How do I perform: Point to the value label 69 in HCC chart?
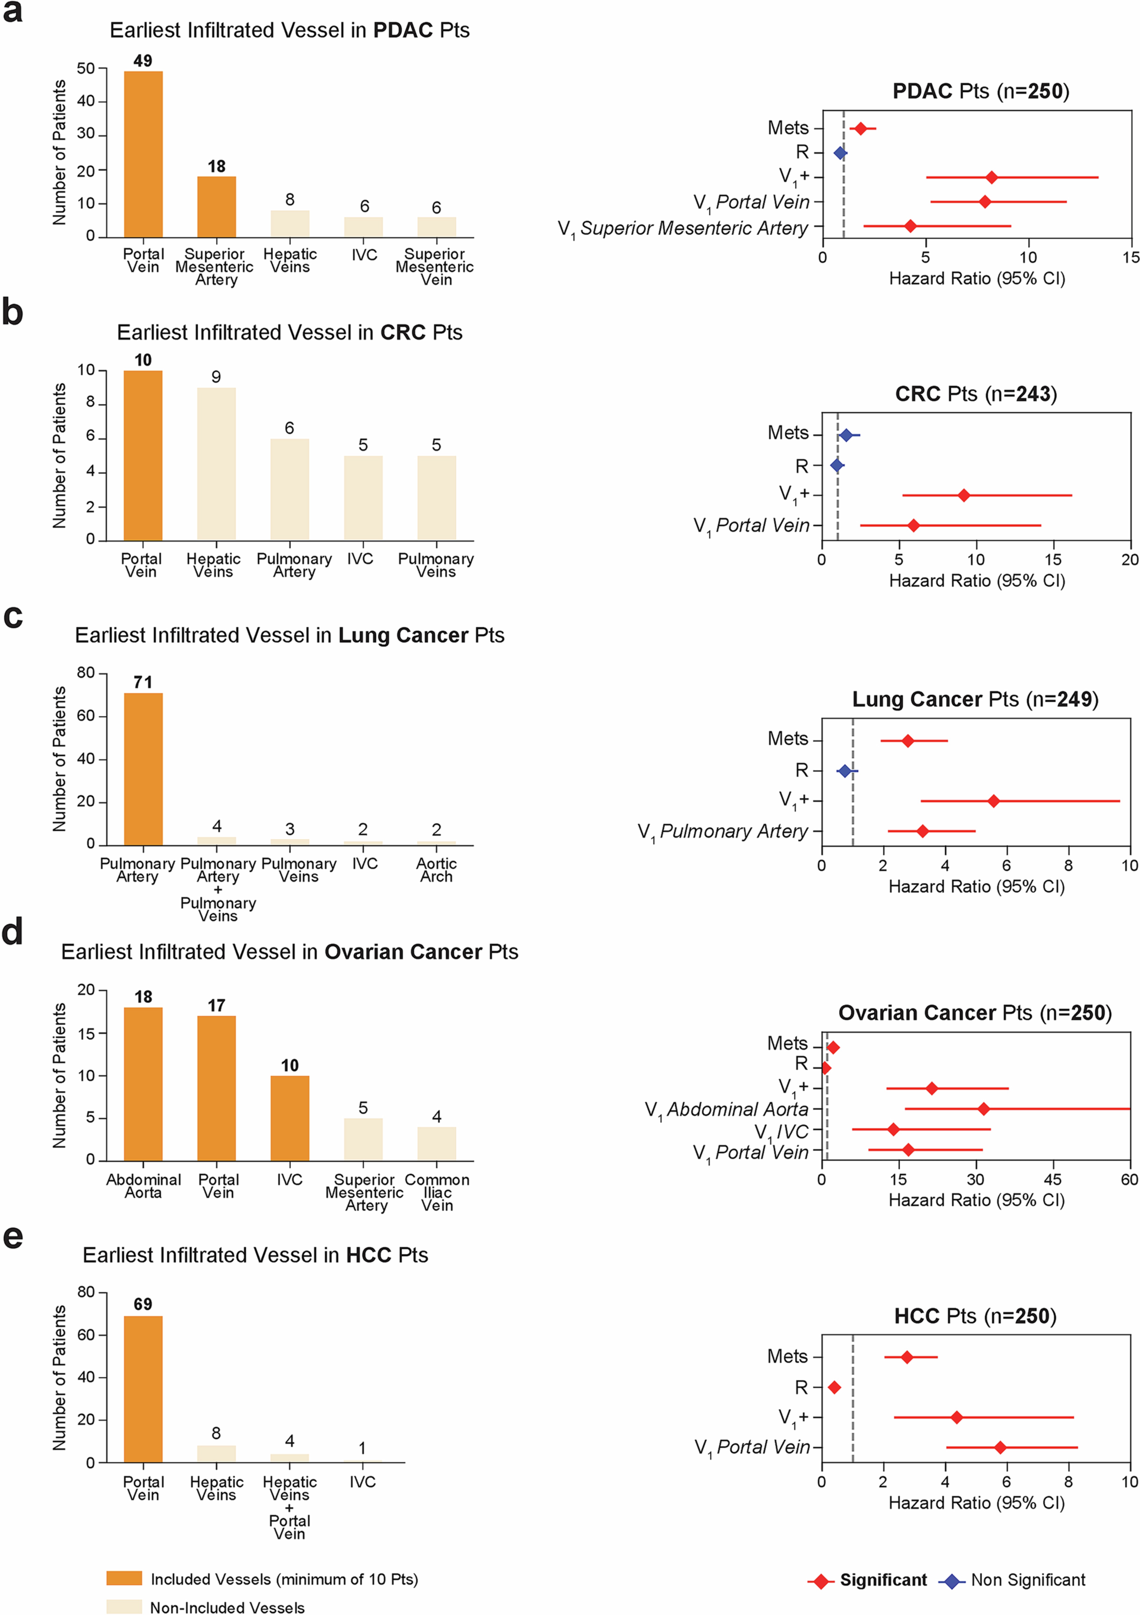point(143,1304)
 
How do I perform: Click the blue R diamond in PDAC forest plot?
point(840,153)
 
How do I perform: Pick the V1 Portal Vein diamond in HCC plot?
point(999,1448)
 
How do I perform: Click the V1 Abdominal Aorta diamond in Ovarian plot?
point(983,1109)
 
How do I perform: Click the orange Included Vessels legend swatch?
point(124,1578)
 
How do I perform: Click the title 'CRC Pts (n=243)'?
point(976,394)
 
